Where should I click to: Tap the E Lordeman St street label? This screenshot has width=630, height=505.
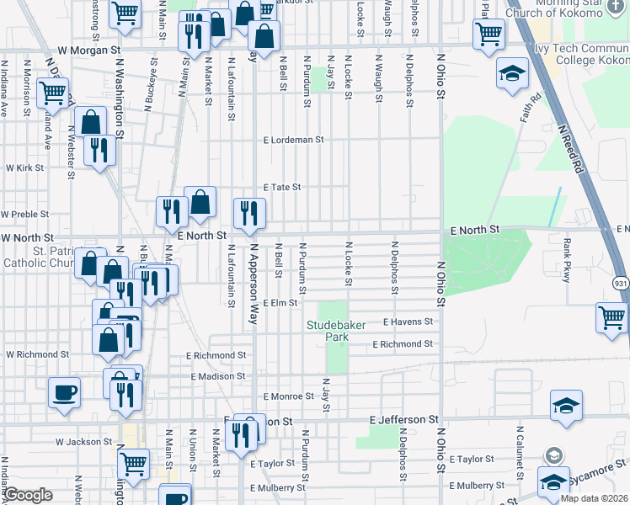294,140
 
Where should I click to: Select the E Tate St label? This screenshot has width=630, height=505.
282,187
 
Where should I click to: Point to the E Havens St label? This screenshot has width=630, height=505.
408,322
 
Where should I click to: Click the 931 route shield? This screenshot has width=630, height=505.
620,284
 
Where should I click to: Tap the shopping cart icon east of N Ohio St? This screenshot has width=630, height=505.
611,318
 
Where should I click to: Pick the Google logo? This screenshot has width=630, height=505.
29,495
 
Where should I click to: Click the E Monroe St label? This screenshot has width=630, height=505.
288,396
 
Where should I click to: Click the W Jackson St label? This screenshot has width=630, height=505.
83,441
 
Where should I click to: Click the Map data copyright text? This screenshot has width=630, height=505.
595,498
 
